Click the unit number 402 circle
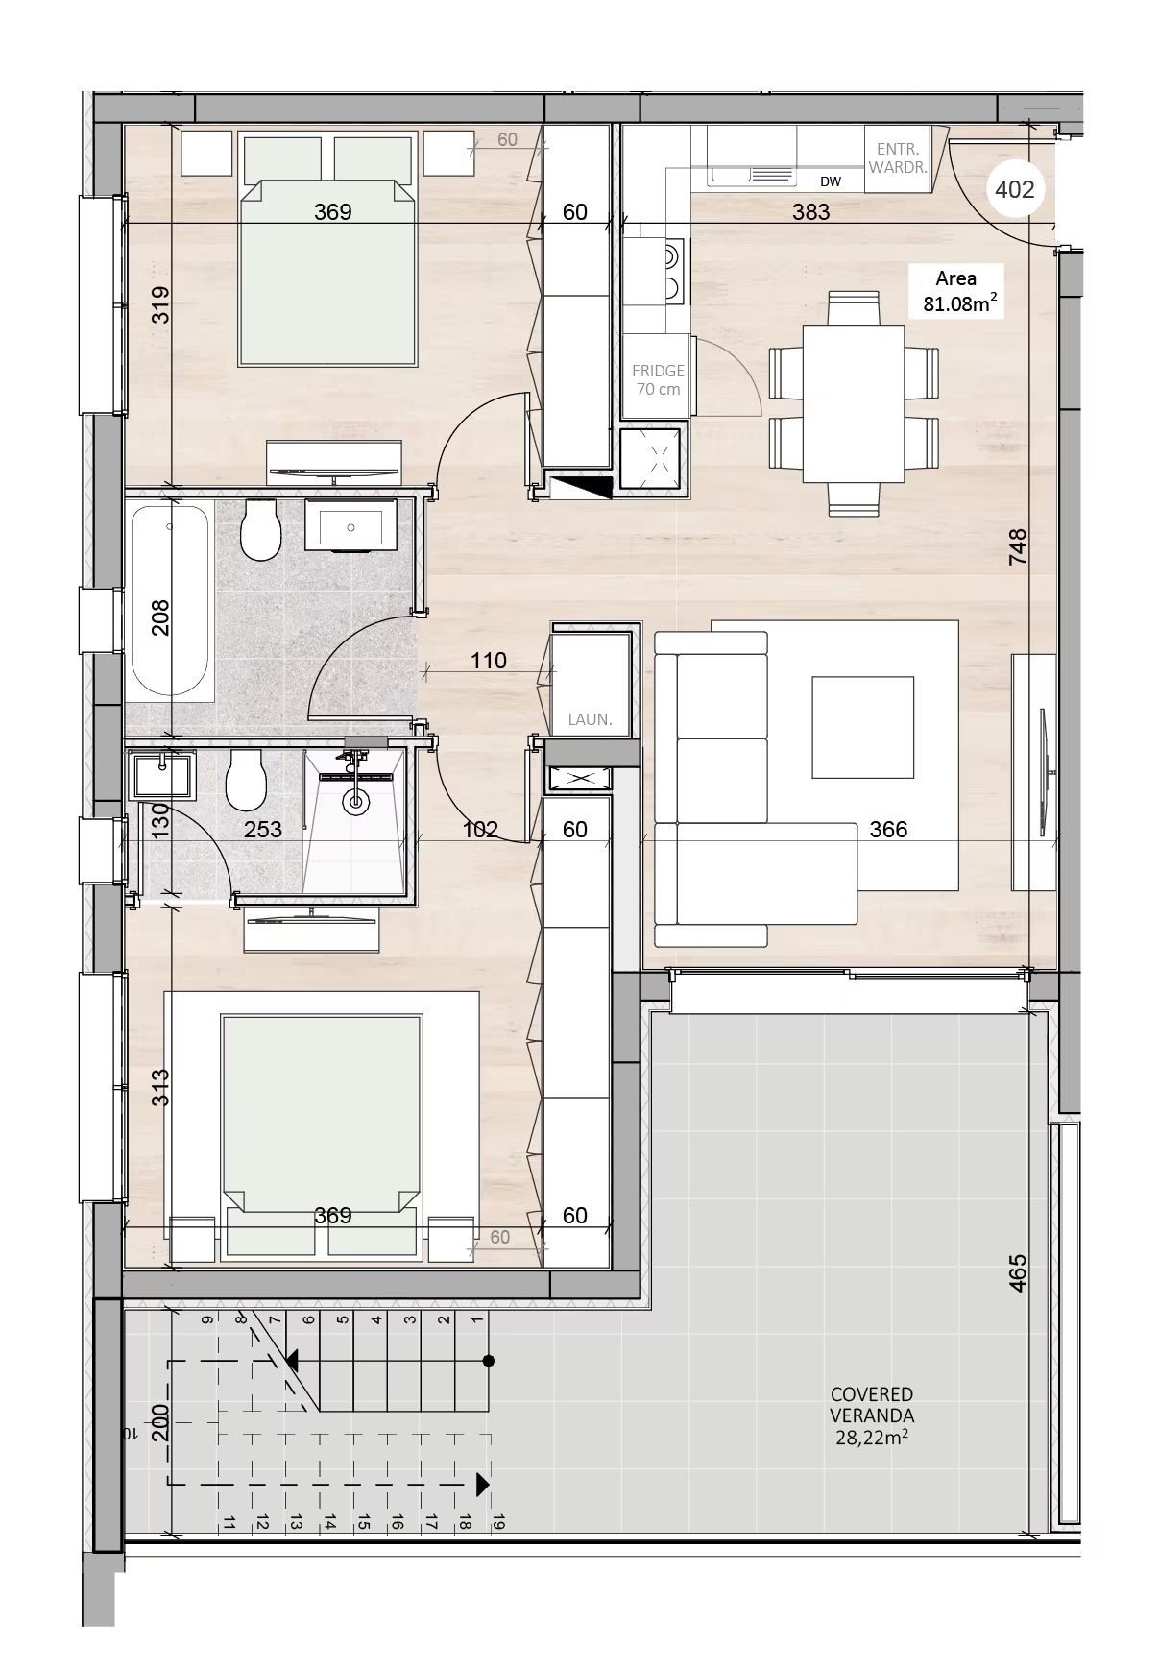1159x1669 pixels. [x=1014, y=189]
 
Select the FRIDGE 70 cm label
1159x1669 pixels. [x=658, y=379]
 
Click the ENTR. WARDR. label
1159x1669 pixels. [x=898, y=157]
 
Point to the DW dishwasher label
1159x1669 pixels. [x=831, y=181]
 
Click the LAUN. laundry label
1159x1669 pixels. [x=590, y=718]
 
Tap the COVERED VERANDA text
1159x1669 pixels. [x=872, y=1404]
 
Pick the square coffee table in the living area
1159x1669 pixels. [x=862, y=727]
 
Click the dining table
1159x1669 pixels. [x=854, y=403]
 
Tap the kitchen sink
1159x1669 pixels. [x=753, y=175]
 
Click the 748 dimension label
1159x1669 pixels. [x=1019, y=546]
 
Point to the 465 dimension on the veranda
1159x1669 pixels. [x=1019, y=1272]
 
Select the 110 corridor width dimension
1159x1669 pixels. [x=488, y=661]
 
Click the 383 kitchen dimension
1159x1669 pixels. [x=810, y=211]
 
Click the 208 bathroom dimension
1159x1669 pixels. [x=160, y=617]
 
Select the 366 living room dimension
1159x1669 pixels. [x=888, y=829]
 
